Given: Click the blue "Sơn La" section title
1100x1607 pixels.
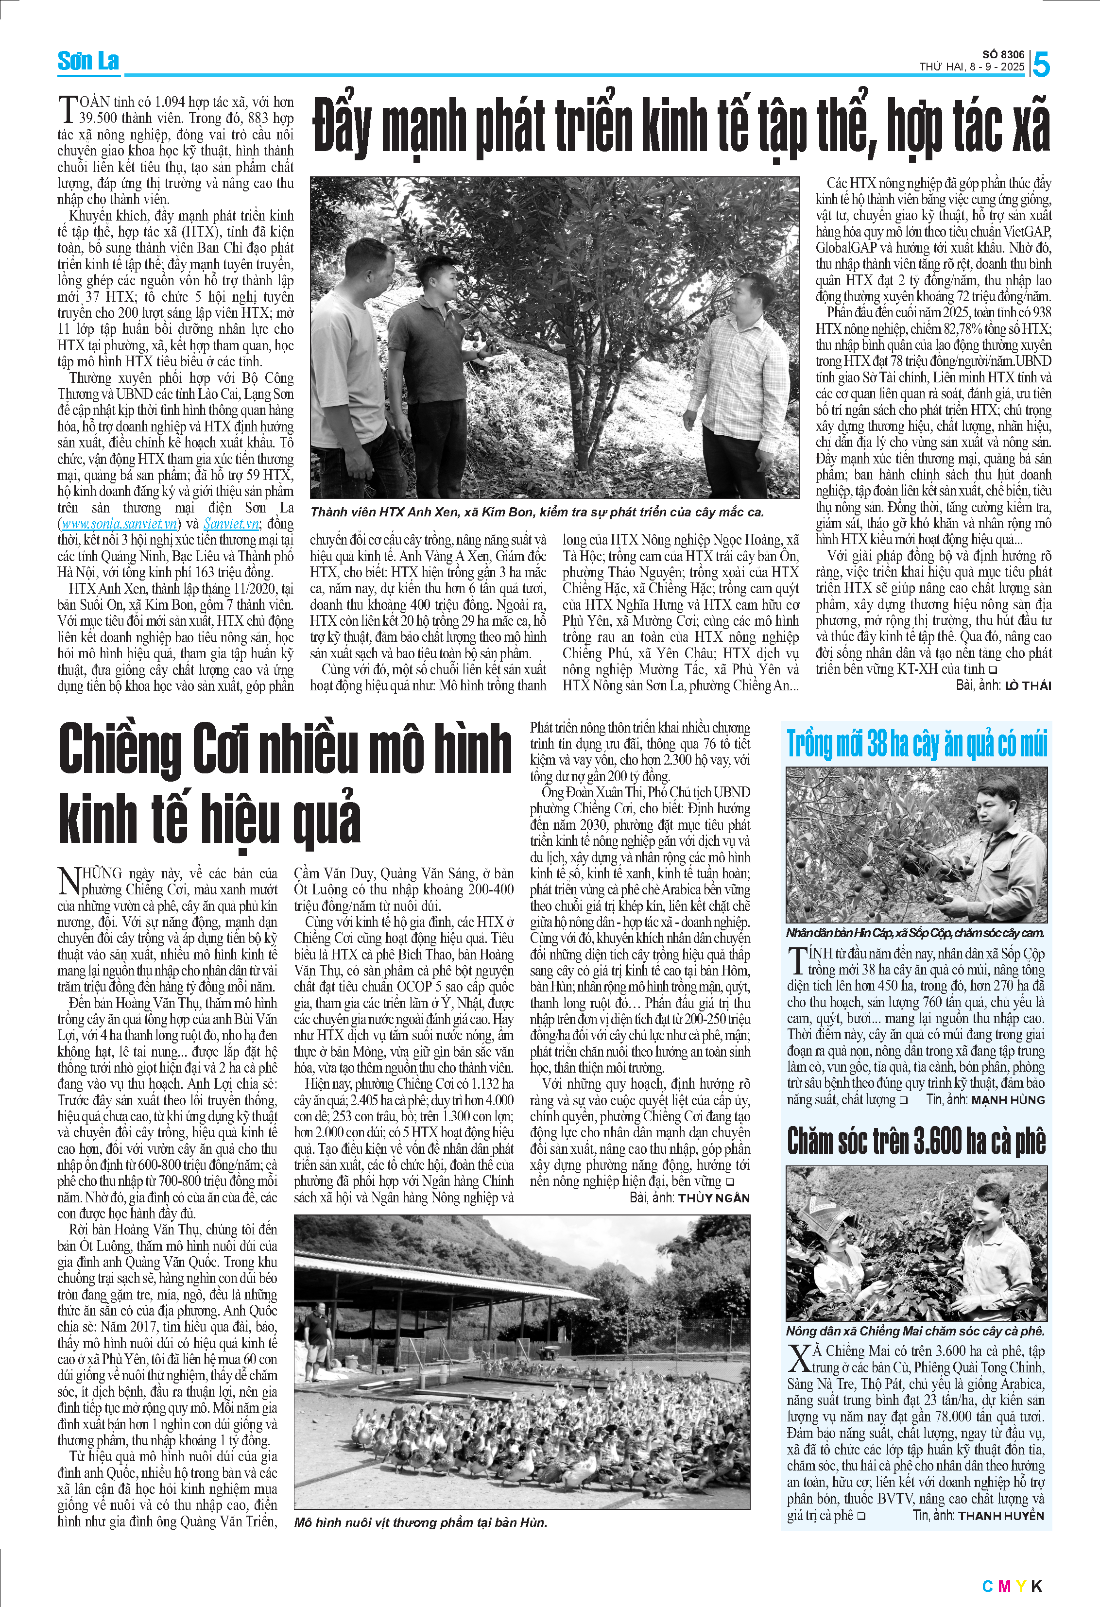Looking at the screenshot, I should click(x=88, y=62).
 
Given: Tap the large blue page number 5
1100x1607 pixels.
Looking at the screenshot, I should click(x=1041, y=66).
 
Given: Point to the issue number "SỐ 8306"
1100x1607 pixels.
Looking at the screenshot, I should click(x=1003, y=54).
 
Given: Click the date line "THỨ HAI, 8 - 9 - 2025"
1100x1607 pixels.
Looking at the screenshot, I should click(x=971, y=67).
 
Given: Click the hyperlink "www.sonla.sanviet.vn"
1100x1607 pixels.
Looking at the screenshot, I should click(x=119, y=524).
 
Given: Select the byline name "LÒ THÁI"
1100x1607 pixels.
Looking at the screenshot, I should click(x=1028, y=686).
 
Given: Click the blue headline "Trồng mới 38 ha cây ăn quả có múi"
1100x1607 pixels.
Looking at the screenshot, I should click(x=917, y=744).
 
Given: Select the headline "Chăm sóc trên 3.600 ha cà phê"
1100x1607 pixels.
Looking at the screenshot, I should click(x=916, y=1142).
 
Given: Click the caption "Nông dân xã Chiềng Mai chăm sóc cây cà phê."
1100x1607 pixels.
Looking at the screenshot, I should click(x=915, y=1331).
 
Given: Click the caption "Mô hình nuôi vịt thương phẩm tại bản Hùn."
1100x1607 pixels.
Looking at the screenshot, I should click(x=420, y=1522).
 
